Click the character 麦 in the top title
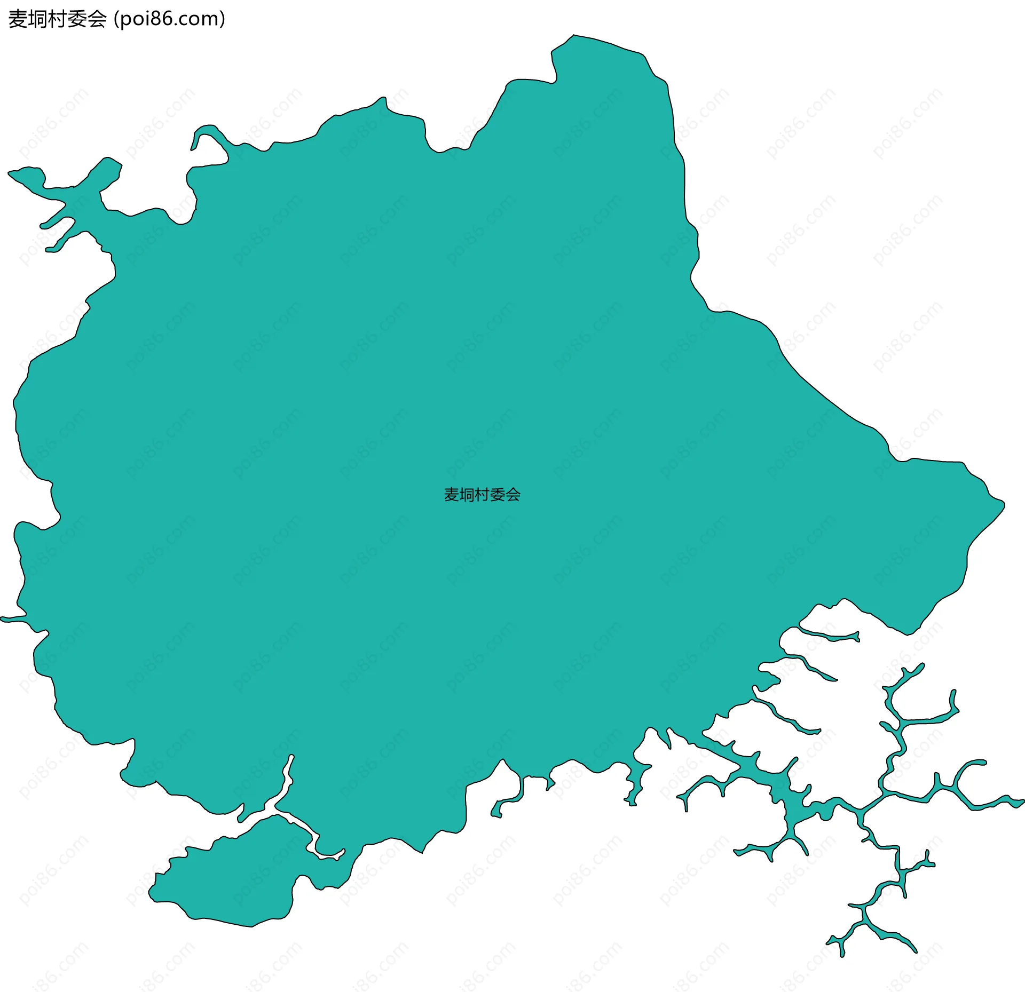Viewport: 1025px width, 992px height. coord(18,19)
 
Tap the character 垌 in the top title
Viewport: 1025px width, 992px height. coord(38,19)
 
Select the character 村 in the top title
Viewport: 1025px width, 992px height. coord(58,19)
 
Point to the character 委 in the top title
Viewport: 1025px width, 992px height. coord(77,19)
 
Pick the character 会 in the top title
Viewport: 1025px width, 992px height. coord(97,19)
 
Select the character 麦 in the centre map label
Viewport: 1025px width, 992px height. coord(452,495)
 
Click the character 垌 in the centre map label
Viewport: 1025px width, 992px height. coord(467,495)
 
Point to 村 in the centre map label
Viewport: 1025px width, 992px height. coord(482,495)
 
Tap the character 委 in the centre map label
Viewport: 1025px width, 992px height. coord(498,495)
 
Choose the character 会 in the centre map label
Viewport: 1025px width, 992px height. coord(513,495)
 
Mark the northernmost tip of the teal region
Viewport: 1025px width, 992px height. coord(574,36)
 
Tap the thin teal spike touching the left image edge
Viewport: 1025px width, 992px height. coord(4,619)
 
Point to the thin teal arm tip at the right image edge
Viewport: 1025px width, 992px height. coord(1021,801)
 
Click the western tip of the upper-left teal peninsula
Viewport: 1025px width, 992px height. coord(11,173)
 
